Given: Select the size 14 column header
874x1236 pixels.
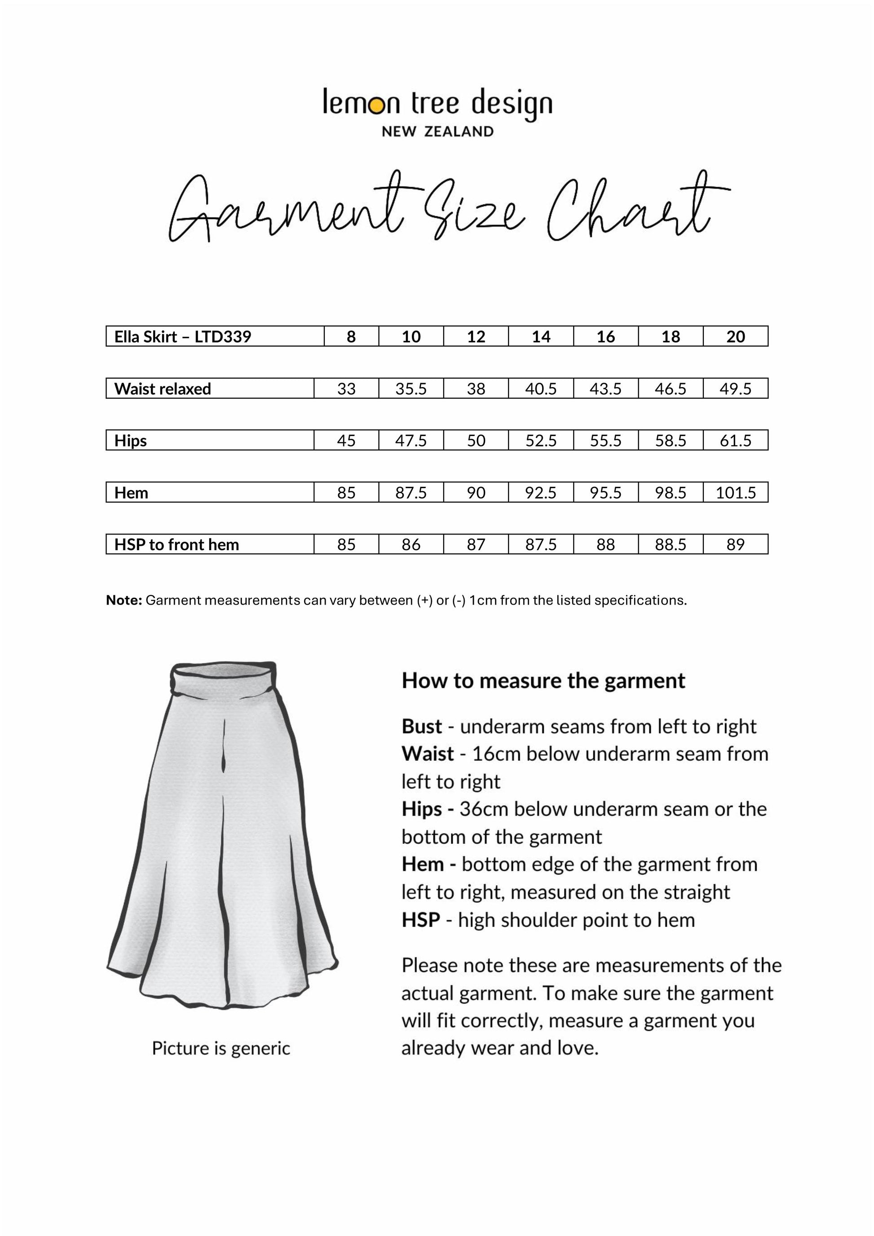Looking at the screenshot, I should click(541, 336).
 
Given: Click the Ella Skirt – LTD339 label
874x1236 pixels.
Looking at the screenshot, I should click(182, 336).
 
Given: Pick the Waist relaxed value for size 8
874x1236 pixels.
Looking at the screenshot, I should click(346, 388).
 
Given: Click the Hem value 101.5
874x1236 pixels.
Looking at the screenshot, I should click(735, 493).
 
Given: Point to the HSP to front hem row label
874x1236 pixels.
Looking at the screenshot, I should click(177, 545).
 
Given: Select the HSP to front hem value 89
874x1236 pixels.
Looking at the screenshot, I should click(735, 545).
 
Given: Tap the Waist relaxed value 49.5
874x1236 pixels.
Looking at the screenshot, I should click(735, 388).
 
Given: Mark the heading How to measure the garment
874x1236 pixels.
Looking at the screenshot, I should click(543, 681).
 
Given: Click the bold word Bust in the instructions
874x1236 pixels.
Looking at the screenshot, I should click(421, 727).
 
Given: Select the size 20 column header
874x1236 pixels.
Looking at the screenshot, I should click(735, 336).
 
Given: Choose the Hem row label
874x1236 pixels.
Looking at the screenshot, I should click(131, 493).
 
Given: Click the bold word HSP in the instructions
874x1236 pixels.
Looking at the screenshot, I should click(420, 920).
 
